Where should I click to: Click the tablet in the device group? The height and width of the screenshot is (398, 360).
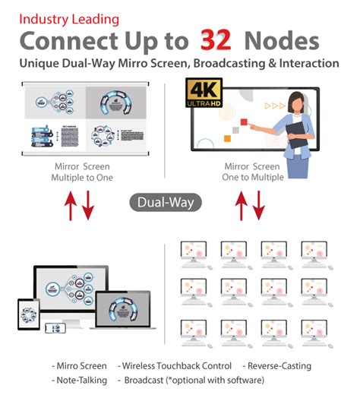(x=29, y=314)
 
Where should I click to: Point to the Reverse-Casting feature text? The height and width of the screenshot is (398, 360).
(x=279, y=366)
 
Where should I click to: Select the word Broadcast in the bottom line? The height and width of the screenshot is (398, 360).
(x=147, y=379)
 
